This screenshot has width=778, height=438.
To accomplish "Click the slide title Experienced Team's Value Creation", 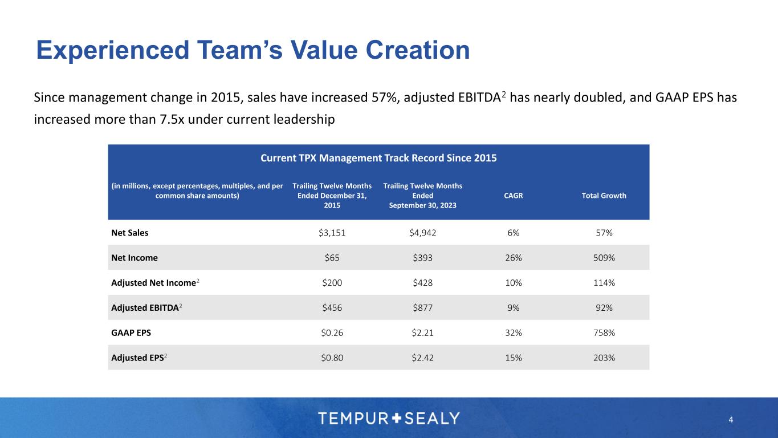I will click(x=252, y=50).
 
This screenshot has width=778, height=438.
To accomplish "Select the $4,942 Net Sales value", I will click(x=422, y=233).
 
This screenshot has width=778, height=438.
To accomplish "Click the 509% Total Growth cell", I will click(x=604, y=258).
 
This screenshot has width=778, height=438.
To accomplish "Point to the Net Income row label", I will click(x=135, y=258).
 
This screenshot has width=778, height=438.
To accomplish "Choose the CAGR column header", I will click(x=514, y=196).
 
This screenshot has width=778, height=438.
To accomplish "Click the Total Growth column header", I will click(x=604, y=196).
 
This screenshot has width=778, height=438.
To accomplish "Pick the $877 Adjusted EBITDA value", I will click(x=422, y=308).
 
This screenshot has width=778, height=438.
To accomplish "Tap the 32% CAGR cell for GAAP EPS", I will click(x=514, y=333).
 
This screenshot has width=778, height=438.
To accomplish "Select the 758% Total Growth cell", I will click(x=604, y=333).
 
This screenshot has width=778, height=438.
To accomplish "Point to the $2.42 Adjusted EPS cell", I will click(x=422, y=358).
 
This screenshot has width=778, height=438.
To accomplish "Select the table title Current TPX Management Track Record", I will click(x=378, y=158).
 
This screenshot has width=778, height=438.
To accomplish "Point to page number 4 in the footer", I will click(x=731, y=420).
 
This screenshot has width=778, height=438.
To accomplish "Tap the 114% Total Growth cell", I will click(x=604, y=283).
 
